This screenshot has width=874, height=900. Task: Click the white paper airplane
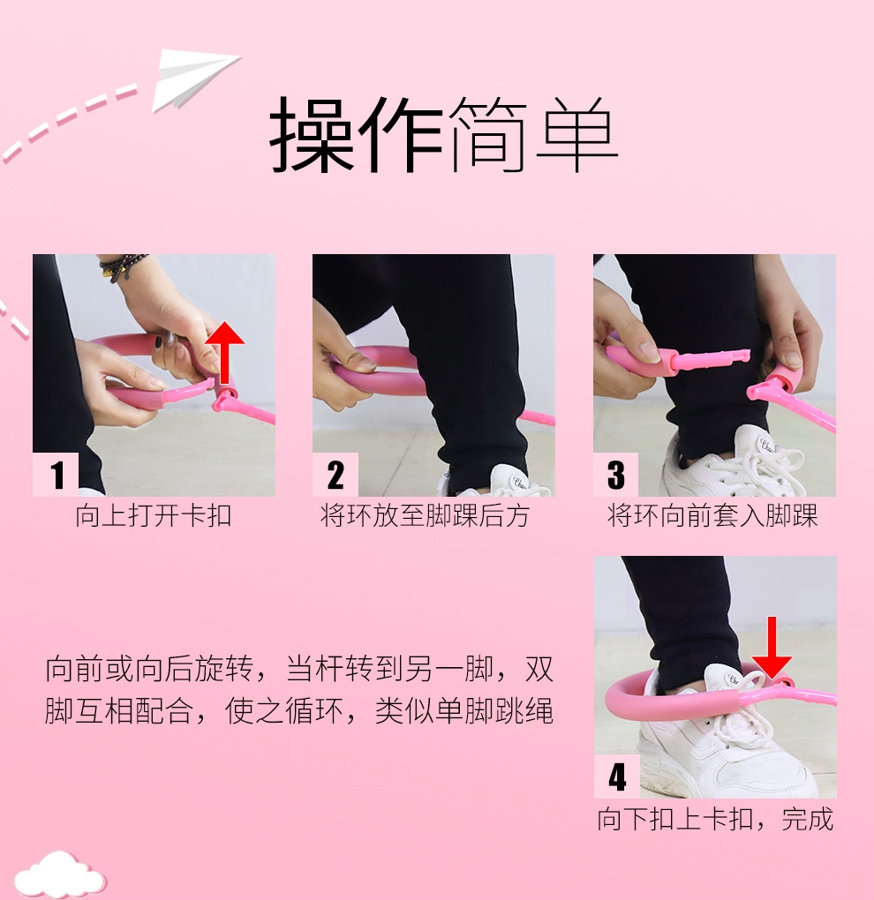click(192, 78)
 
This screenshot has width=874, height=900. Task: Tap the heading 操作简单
click(443, 135)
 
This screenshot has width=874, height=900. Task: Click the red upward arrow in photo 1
click(224, 352)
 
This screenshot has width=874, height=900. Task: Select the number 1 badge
click(56, 474)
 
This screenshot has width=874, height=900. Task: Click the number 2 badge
click(335, 474)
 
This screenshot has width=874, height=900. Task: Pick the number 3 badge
click(615, 474)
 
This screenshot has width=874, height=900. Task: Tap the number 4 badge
click(617, 776)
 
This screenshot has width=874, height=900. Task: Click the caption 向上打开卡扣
click(154, 515)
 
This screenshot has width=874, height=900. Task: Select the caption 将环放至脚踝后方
click(425, 515)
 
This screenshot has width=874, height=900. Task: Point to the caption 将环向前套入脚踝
click(712, 515)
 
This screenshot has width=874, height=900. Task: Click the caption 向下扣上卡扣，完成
click(715, 819)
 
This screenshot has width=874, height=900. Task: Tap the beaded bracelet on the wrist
click(121, 266)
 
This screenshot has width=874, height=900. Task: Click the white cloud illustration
click(59, 876)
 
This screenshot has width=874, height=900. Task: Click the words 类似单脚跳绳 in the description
click(464, 711)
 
